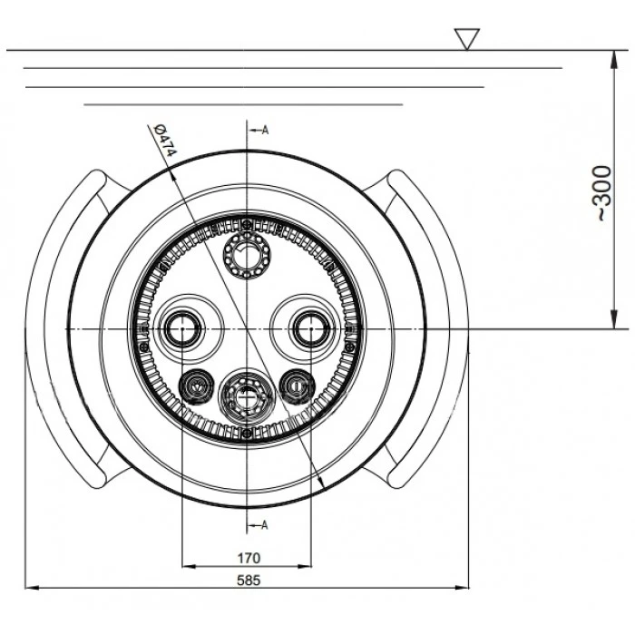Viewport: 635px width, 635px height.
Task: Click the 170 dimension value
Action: [x=249, y=558]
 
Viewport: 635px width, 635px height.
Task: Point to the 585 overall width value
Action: [x=249, y=581]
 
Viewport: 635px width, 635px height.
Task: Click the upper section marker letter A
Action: [x=265, y=130]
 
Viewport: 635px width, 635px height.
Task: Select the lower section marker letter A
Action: [x=265, y=525]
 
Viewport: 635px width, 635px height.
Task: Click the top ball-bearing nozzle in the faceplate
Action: [x=247, y=256]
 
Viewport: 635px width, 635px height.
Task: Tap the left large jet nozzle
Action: [x=181, y=328]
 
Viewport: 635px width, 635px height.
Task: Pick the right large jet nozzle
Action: [x=311, y=328]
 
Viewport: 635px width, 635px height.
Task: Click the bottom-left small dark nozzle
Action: [x=197, y=386]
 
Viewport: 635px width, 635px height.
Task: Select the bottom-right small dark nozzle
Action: [x=297, y=386]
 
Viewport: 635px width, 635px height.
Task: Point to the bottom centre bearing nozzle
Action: [x=247, y=396]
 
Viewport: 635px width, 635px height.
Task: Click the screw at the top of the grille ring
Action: [x=247, y=223]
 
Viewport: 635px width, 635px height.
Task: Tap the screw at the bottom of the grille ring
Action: [x=247, y=434]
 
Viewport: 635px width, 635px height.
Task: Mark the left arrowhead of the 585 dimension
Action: [x=33, y=587]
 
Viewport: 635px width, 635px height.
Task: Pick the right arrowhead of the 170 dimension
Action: [x=304, y=566]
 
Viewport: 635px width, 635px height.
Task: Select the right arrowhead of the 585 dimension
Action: [x=461, y=587]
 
